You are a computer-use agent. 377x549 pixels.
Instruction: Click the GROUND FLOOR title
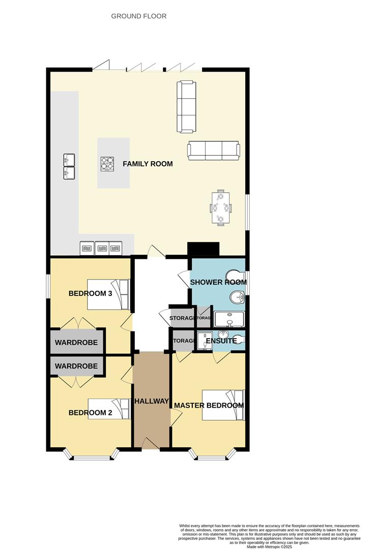139,16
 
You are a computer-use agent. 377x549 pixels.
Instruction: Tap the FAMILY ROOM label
148,164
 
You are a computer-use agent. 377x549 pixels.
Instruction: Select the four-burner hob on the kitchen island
107,164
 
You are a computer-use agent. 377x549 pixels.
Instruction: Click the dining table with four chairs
220,207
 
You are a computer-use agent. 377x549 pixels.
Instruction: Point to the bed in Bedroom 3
108,294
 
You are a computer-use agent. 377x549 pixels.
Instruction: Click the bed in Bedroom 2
109,408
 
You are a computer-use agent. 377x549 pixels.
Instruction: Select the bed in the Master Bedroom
223,405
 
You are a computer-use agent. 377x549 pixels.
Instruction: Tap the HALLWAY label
151,401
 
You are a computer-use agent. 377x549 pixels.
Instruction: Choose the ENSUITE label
221,341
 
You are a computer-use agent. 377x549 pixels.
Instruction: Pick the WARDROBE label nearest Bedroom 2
76,366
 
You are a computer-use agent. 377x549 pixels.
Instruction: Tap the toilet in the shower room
237,276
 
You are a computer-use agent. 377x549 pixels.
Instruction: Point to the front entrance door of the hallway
151,444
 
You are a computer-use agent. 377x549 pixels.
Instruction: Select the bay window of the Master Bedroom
213,455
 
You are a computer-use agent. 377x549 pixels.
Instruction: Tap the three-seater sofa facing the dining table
213,150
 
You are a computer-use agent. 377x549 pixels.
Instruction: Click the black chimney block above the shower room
203,249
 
